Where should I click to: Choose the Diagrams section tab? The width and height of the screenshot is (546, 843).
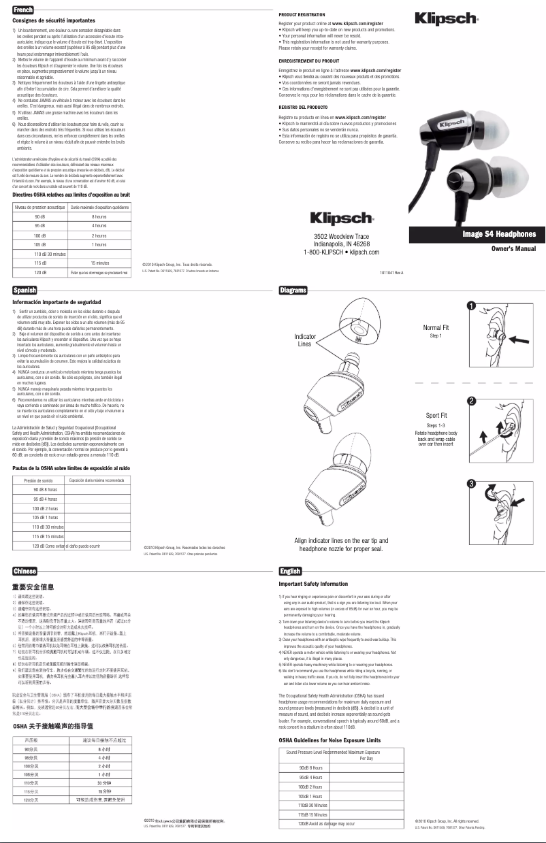coord(293,291)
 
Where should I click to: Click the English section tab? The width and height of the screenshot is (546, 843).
coord(291,571)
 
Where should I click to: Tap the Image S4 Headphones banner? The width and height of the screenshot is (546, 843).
coord(499,235)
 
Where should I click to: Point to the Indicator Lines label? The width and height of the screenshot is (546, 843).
coord(304,340)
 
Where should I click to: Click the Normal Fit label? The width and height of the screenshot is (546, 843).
coord(436,328)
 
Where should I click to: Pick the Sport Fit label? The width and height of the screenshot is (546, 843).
coord(436,415)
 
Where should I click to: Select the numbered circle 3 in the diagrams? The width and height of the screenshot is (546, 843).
coord(470,483)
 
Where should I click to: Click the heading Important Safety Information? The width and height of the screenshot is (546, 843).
coord(313,584)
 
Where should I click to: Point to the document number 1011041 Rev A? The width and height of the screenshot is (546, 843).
coord(391,273)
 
